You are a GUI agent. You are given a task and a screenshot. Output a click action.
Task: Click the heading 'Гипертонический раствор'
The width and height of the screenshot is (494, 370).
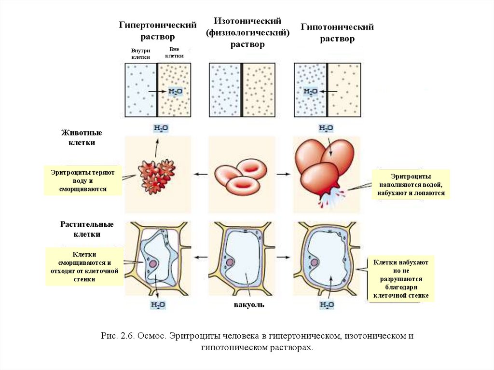[x=158, y=30]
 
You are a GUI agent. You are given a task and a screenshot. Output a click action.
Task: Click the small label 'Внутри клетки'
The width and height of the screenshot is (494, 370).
[x=141, y=54]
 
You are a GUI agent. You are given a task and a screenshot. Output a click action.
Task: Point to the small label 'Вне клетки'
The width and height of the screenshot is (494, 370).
[x=174, y=53]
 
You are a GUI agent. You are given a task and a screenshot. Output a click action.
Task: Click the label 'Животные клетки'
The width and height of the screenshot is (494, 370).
[x=82, y=137]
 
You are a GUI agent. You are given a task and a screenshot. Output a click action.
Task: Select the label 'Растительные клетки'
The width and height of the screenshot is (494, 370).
[x=87, y=229]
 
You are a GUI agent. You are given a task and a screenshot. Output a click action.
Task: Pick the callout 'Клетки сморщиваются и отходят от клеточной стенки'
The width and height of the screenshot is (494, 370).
[x=85, y=266]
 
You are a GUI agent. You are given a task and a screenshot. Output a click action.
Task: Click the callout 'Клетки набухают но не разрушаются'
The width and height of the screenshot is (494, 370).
[x=401, y=279]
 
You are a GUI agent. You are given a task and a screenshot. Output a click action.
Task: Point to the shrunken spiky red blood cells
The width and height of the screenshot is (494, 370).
[x=157, y=176]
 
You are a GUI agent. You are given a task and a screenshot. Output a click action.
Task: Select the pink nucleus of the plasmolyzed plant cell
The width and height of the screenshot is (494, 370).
[x=153, y=263]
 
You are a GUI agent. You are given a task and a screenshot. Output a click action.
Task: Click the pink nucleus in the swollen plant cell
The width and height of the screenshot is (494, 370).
[x=315, y=263]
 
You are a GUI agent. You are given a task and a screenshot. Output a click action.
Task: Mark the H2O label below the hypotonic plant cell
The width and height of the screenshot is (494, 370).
[x=326, y=305]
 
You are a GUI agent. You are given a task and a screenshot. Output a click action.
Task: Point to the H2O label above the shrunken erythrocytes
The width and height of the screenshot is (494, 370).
[x=160, y=128]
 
